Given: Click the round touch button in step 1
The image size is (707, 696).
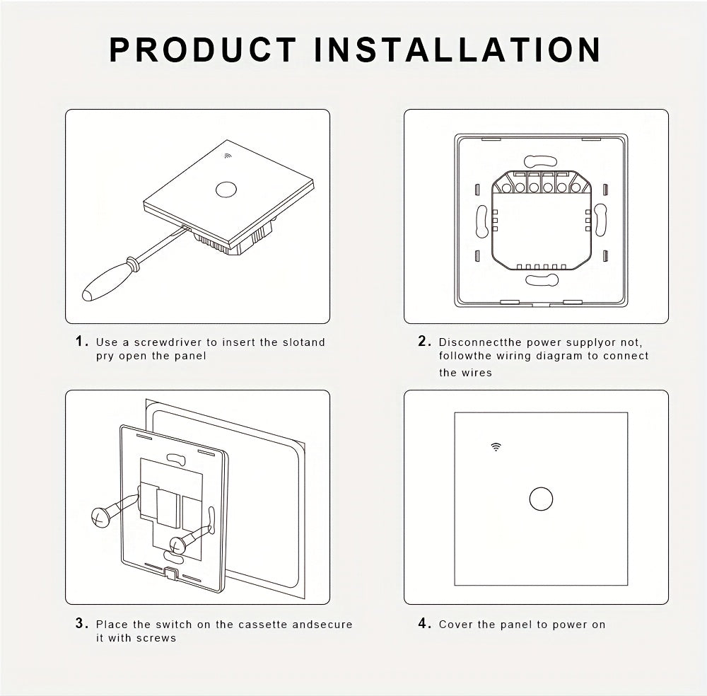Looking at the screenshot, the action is click(x=226, y=190).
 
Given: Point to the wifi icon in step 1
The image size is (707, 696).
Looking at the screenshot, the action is click(x=228, y=156).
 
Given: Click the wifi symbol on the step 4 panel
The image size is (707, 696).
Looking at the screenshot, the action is click(x=496, y=446).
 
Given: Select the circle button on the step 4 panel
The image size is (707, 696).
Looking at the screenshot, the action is click(x=541, y=499).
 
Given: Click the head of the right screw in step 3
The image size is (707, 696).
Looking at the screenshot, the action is click(x=178, y=545).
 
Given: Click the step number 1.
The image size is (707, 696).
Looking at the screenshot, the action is click(x=81, y=342).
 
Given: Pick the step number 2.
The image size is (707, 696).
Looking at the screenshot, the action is click(x=424, y=342).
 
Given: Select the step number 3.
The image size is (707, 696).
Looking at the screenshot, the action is click(x=81, y=623).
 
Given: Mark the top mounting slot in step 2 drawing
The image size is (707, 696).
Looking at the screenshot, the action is click(x=540, y=161).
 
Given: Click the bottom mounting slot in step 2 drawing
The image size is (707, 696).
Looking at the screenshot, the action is click(x=542, y=279).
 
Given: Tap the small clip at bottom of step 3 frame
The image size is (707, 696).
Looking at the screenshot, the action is click(x=171, y=573).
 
